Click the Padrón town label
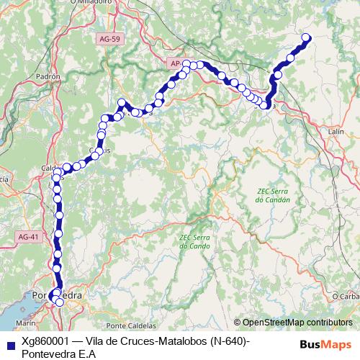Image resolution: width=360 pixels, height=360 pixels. point(47,75)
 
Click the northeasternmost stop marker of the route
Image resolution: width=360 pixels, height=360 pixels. point(305,37)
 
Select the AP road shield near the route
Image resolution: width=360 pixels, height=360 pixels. point(176,63)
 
